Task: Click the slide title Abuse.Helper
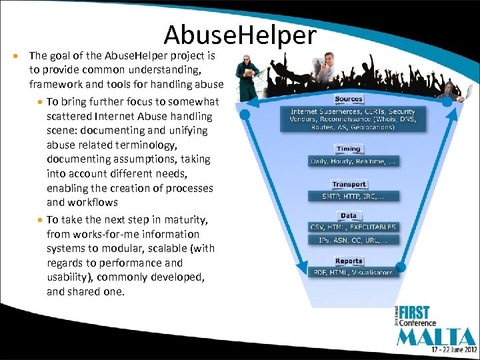[240, 35]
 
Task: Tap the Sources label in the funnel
[349, 99]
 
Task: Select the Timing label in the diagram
[349, 149]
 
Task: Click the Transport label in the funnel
[349, 184]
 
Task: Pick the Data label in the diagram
[349, 215]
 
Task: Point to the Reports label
[349, 261]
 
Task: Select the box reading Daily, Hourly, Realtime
[353, 161]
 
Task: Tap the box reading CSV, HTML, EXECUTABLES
[353, 227]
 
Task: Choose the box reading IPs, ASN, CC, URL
[353, 239]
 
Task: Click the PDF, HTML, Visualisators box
[353, 272]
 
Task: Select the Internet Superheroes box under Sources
[353, 119]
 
